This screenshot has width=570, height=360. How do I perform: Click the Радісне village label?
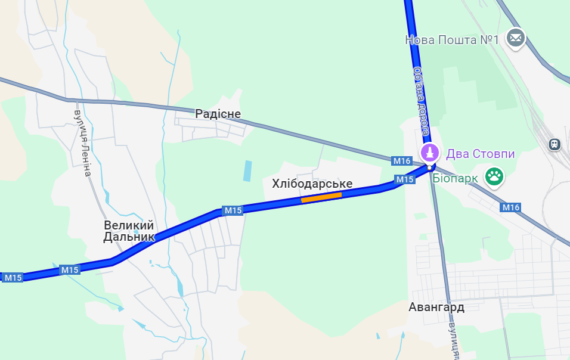[218, 114]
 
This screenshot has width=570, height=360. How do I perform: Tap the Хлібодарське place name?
[312, 184]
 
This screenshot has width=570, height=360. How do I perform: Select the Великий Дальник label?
[129, 231]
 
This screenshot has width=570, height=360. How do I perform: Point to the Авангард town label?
[436, 308]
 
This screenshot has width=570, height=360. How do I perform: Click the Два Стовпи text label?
[480, 154]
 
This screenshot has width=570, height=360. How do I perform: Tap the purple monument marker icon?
[429, 153]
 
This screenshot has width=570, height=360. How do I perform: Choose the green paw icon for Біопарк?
[494, 176]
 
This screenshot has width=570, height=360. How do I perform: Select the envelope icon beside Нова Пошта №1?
[515, 38]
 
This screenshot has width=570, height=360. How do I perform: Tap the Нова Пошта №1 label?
[451, 40]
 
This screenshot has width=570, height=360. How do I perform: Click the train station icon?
[554, 144]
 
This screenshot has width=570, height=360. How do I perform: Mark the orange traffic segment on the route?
[321, 197]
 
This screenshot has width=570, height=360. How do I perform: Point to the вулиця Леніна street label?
[83, 143]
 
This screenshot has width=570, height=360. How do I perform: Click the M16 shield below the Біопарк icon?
[511, 207]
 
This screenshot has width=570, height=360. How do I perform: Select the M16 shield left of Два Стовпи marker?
[402, 161]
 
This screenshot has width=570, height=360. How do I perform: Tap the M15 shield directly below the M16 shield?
[405, 179]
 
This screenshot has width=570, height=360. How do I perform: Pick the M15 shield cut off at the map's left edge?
[13, 278]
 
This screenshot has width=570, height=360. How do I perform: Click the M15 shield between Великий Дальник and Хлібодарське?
[233, 210]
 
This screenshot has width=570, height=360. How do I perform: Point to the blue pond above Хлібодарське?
[247, 171]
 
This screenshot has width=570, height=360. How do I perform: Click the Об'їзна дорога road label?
[421, 98]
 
